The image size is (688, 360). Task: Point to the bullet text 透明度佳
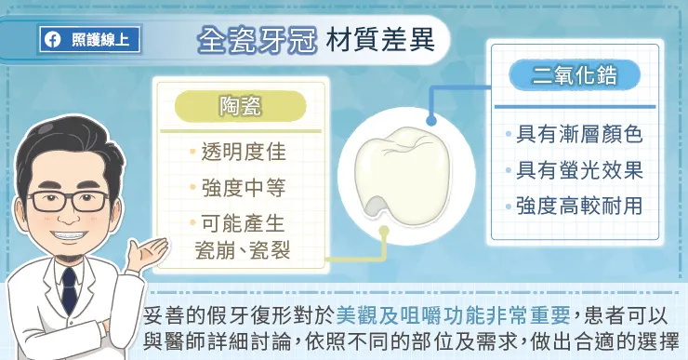[239, 151]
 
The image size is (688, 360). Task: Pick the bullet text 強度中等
[239, 187]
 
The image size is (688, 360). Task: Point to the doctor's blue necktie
[69, 284]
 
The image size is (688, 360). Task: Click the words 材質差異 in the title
[370, 41]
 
